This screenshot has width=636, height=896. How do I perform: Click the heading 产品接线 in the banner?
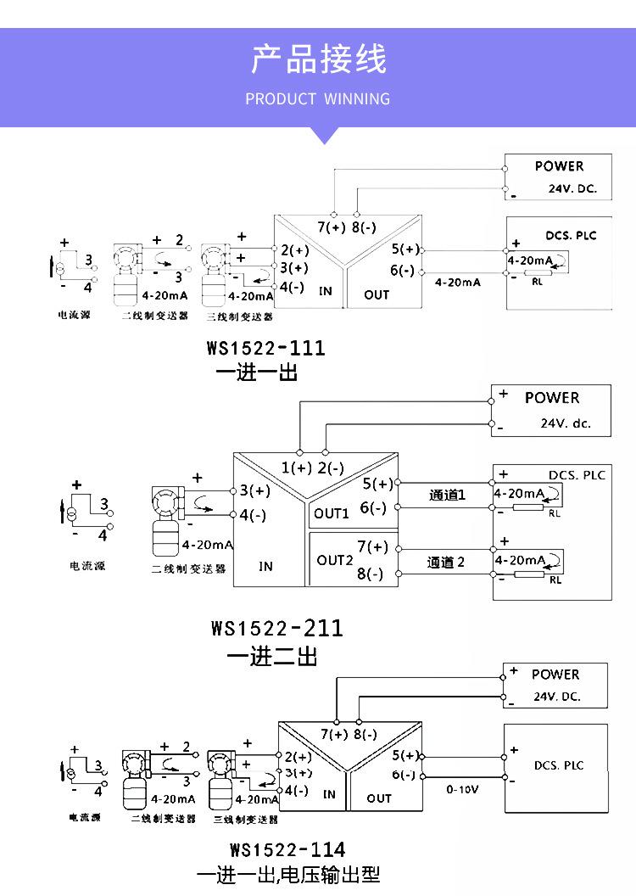coord(318,60)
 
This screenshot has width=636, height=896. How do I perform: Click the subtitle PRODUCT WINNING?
coord(318,99)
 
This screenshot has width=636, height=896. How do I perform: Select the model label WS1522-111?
coord(265,348)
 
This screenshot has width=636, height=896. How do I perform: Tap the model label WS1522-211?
coord(277,629)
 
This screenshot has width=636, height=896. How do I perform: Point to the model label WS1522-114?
coord(287,849)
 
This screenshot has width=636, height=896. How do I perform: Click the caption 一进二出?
coord(272,656)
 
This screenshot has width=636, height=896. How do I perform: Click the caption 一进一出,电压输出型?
coord(288,875)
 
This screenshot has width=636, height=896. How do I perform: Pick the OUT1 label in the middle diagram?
coord(332,513)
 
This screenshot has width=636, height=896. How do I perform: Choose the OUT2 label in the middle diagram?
coord(334,560)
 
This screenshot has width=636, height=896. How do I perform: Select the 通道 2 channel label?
coord(446,563)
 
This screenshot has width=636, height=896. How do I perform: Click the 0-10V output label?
coord(463,789)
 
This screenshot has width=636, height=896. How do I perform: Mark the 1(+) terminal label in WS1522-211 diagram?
coord(297,468)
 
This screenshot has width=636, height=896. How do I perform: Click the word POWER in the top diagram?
coord(559,166)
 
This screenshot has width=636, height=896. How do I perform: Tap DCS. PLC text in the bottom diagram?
coord(559,765)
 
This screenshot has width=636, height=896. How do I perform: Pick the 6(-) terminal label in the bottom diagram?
coord(403,776)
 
